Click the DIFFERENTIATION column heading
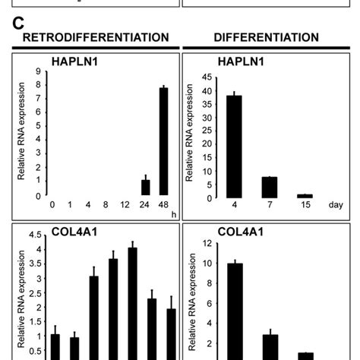click(266, 37)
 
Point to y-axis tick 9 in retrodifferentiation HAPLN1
click(37, 72)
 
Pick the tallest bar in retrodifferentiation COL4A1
click(132, 303)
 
